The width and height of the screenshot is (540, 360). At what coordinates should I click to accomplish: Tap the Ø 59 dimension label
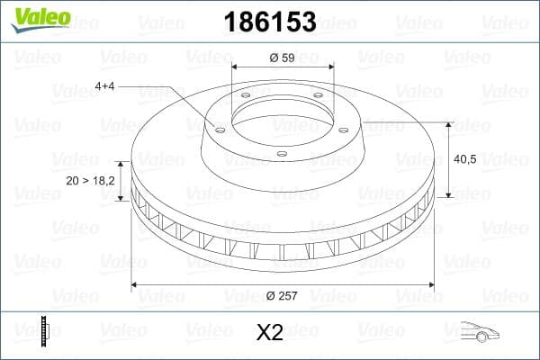pyautogui.click(x=283, y=58)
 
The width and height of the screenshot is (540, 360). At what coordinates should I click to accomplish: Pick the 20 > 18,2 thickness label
pyautogui.click(x=91, y=181)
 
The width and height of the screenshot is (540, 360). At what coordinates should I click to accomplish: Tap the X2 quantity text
pyautogui.click(x=269, y=333)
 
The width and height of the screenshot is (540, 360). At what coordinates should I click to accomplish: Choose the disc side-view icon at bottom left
pyautogui.click(x=44, y=332)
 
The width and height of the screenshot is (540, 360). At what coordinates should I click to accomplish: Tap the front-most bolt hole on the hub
pyautogui.click(x=282, y=154)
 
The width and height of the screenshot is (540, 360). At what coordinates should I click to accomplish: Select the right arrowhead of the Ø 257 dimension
pyautogui.click(x=430, y=285)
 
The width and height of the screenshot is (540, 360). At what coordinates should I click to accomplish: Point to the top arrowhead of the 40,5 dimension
pyautogui.click(x=449, y=124)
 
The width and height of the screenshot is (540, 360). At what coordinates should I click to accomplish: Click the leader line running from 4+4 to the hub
pyautogui.click(x=175, y=103)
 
